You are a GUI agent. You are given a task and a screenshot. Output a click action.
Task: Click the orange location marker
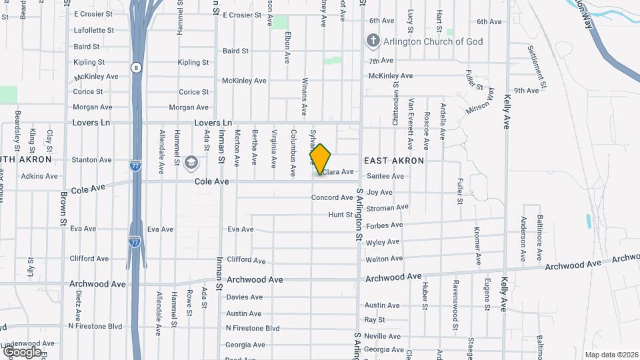[321, 159]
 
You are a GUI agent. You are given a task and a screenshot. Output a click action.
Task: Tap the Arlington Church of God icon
[373, 41]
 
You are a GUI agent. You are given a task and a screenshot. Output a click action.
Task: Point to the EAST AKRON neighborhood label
[394, 161]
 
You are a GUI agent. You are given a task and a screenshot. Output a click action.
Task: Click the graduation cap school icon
[191, 162]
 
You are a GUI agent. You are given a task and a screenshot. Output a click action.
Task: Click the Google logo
[22, 351]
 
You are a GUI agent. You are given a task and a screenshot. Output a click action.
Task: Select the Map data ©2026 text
[611, 355]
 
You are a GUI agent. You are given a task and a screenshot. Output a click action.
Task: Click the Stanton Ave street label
[91, 160]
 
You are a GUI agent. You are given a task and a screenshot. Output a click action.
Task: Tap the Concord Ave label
[332, 198]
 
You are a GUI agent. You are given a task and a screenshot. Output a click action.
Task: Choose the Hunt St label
[340, 215]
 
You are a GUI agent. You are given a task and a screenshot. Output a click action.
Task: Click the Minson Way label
[481, 101]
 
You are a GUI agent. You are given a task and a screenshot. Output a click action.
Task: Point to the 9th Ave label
[527, 91]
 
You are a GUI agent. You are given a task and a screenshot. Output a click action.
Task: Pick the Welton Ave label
[384, 259]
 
